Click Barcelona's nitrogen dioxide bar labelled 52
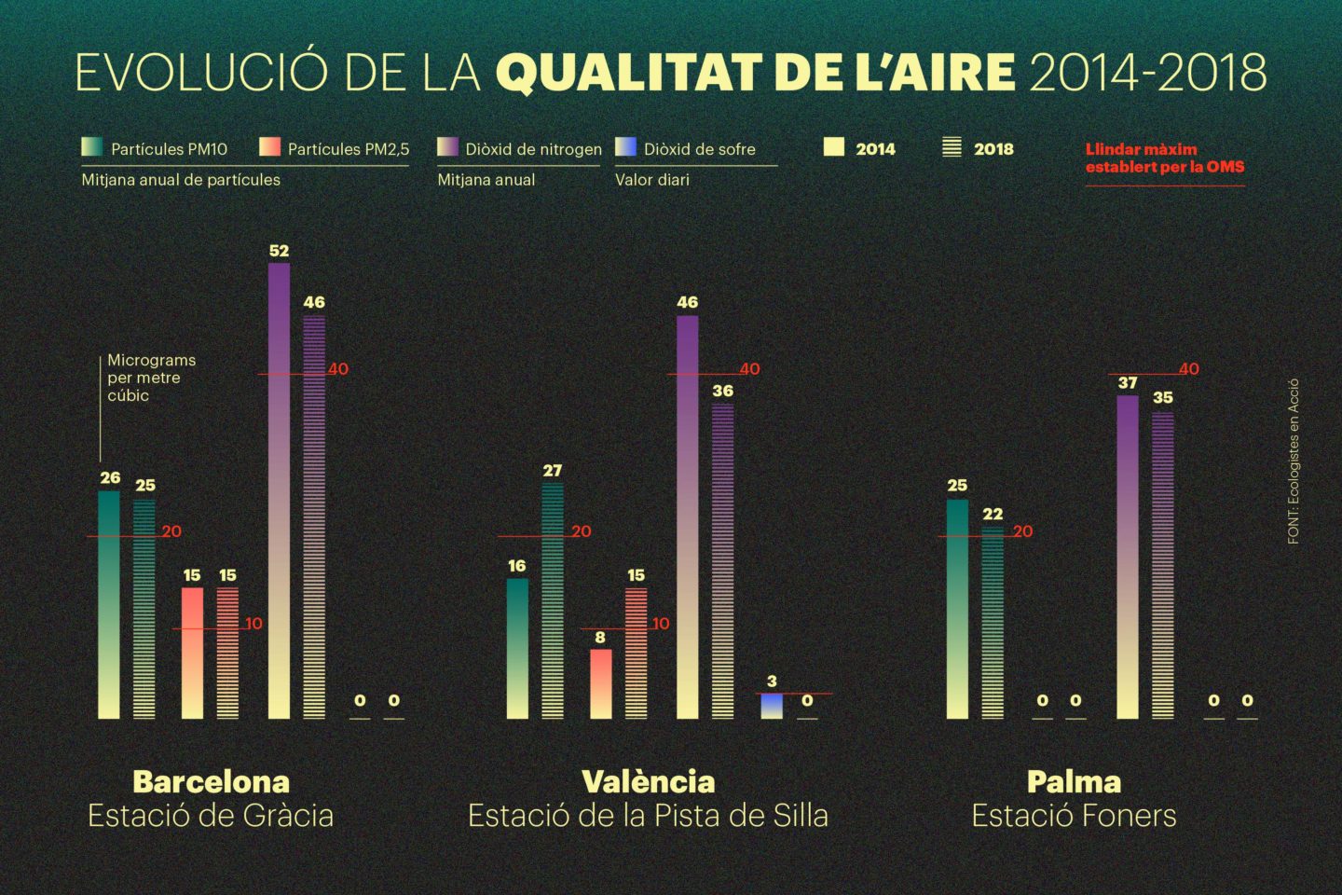279,489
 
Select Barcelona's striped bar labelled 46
314,517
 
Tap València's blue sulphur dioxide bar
772,706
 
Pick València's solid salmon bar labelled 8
601,683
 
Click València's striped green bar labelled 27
553,600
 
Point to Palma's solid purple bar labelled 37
1128,557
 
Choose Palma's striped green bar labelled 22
993,622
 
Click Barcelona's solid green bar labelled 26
109,604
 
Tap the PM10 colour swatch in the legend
92,147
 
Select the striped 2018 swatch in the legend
952,147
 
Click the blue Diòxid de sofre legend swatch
626,147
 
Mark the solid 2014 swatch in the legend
834,147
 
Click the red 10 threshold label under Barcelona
253,624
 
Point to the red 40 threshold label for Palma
1189,369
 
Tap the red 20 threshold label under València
582,531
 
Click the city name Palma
1074,781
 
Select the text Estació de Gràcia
211,816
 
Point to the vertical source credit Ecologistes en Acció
1294,461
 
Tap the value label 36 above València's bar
723,392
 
